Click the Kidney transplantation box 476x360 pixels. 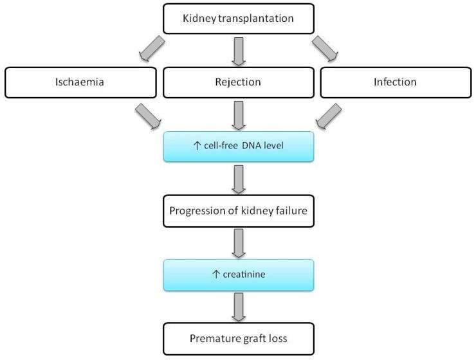click(x=238, y=18)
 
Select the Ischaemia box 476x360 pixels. click(x=80, y=82)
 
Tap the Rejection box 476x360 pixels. click(x=238, y=82)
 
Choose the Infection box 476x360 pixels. click(x=395, y=82)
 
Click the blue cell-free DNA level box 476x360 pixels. click(x=238, y=147)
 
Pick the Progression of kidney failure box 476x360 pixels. click(x=238, y=211)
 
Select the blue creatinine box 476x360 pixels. click(x=238, y=275)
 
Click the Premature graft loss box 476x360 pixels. click(x=238, y=338)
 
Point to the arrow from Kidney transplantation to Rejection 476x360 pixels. click(x=238, y=50)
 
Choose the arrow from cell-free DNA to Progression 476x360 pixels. click(x=238, y=179)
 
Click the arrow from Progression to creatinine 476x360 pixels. click(x=238, y=243)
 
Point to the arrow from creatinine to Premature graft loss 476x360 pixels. click(x=238, y=307)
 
